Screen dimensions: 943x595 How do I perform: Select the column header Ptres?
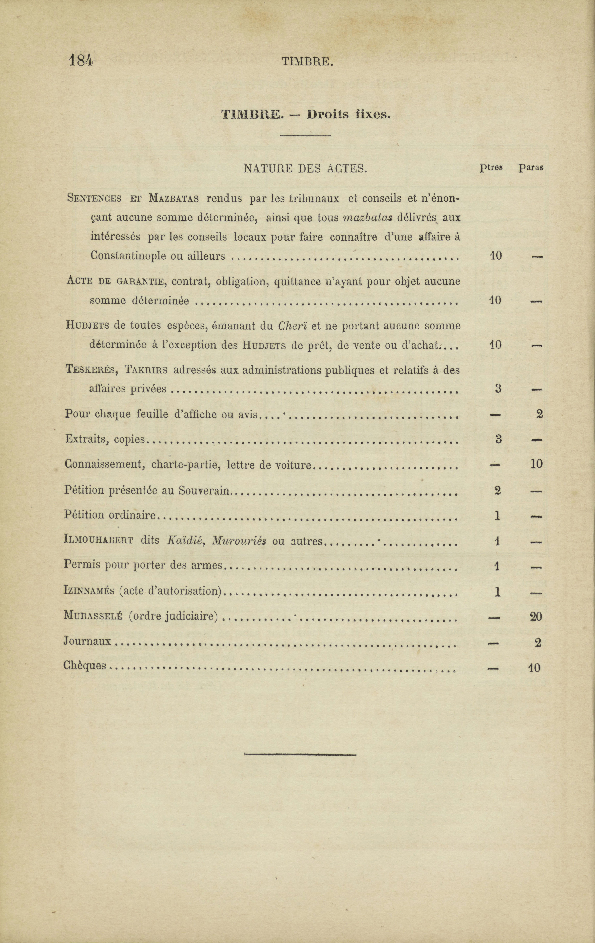pyautogui.click(x=491, y=168)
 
